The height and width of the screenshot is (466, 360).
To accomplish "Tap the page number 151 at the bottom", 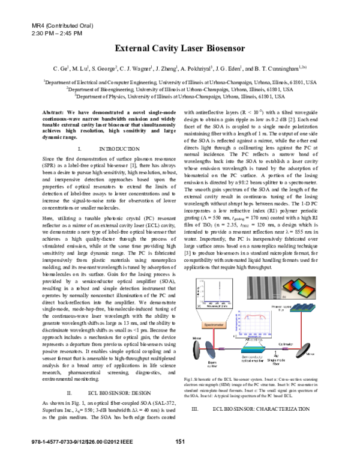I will coord(179,443).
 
